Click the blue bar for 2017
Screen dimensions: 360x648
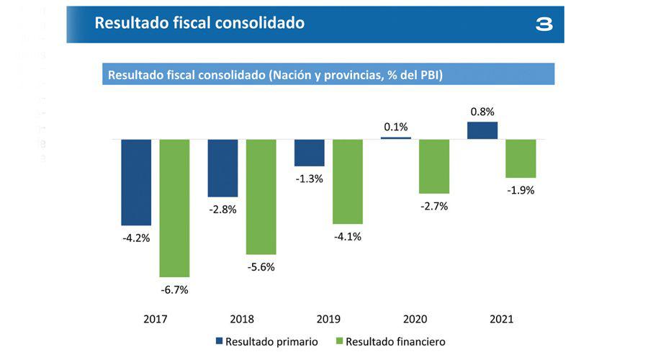136,182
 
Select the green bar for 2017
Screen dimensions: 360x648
174,208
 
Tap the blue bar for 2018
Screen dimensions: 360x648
222,168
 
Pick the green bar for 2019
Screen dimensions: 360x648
347,181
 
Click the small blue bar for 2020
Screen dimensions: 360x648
396,138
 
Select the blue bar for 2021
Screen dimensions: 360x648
482,130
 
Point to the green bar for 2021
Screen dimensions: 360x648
521,158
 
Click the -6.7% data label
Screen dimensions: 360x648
174,290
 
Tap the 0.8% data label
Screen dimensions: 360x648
482,112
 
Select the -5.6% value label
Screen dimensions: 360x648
261,266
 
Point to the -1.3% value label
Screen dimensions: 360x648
309,179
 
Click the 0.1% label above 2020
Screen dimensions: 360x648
396,127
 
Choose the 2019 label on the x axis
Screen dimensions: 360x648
328,319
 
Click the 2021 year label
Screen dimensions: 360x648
501,319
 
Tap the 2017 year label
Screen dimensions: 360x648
155,319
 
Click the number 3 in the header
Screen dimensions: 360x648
544,24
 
